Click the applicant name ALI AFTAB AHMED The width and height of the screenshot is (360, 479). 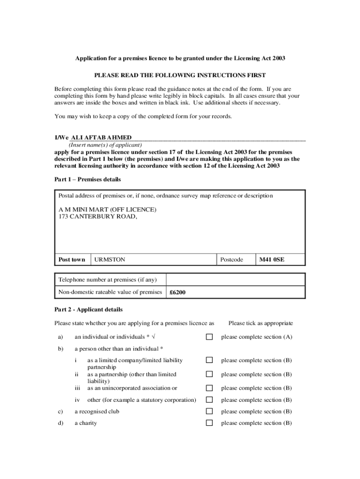click(x=101, y=138)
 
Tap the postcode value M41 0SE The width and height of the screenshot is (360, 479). click(x=272, y=260)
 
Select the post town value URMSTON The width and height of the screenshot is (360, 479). click(x=110, y=260)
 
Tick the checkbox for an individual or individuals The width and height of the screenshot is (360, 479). click(x=209, y=337)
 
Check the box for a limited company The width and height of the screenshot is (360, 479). click(x=209, y=360)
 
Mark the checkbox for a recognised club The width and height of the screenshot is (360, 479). click(x=209, y=412)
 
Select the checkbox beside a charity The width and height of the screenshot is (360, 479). click(x=209, y=423)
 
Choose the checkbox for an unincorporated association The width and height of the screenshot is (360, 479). click(x=209, y=388)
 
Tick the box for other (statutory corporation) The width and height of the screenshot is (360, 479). click(x=209, y=400)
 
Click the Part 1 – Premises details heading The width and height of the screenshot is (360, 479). click(x=87, y=180)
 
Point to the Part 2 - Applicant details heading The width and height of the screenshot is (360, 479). click(x=88, y=310)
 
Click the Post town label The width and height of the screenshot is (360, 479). click(x=72, y=260)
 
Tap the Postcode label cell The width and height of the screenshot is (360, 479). click(x=231, y=260)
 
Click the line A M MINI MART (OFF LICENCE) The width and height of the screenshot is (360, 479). click(x=108, y=210)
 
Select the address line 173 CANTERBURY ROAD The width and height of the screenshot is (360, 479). click(x=98, y=217)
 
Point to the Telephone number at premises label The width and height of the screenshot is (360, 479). click(x=108, y=280)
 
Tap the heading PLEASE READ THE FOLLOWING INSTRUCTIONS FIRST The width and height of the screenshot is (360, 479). click(x=180, y=75)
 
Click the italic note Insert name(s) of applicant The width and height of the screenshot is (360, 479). click(x=102, y=145)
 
